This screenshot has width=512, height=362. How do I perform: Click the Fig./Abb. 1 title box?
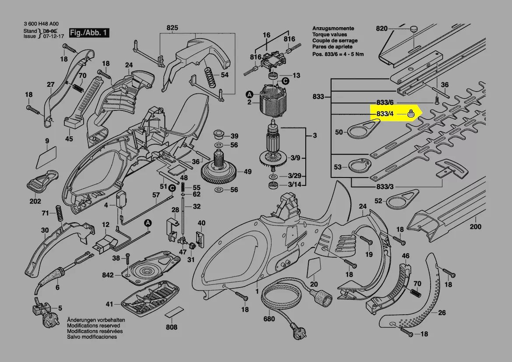[x=89, y=33]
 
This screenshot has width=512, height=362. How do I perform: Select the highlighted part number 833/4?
[x=385, y=114]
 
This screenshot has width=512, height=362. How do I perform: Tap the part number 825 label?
[x=172, y=28]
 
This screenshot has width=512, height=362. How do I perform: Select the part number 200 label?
[x=475, y=227]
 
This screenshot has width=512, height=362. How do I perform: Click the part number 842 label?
[x=108, y=275]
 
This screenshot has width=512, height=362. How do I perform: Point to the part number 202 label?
[x=35, y=201]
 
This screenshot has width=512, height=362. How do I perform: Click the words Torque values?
[x=329, y=35]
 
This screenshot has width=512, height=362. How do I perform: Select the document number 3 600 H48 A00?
[x=41, y=25]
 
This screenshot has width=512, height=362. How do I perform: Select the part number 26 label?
[x=442, y=313]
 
